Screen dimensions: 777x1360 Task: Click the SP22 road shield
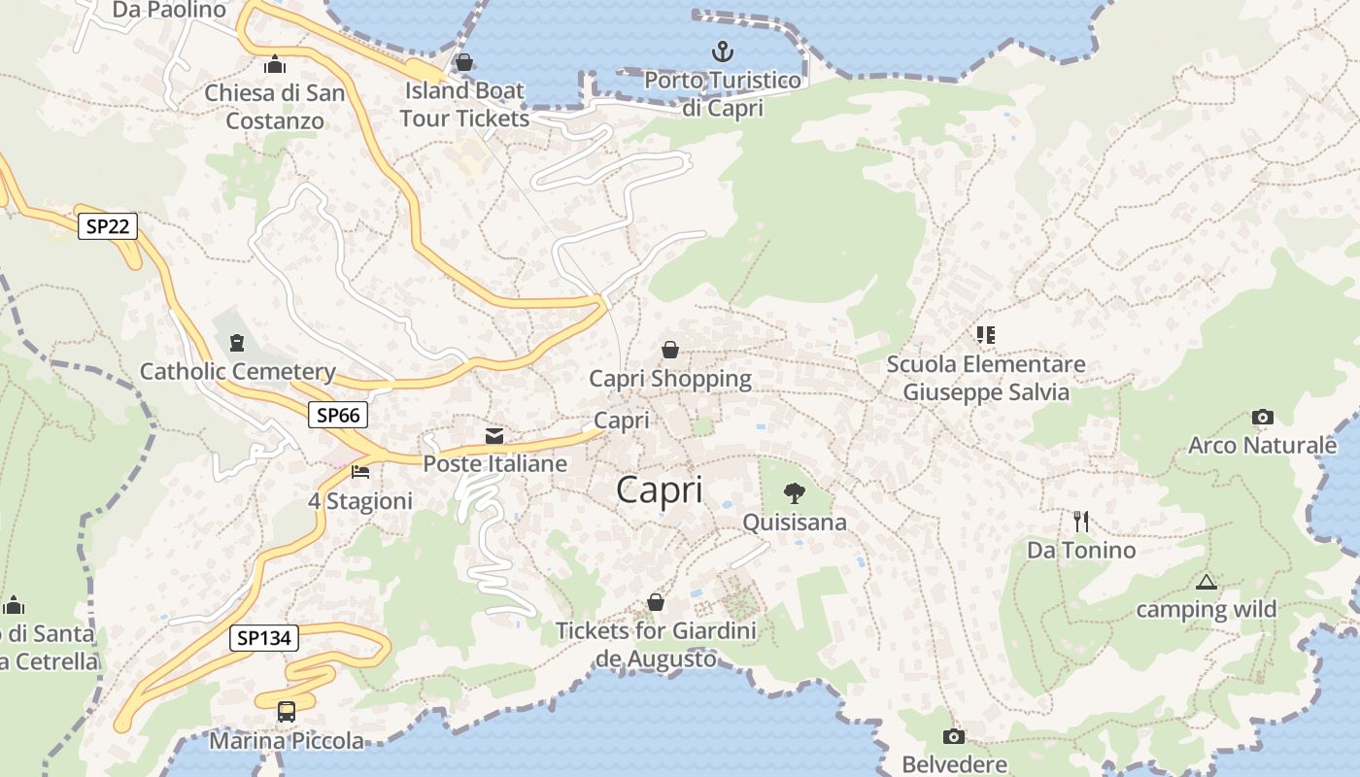pos(108,226)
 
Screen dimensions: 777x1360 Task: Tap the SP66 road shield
pos(338,415)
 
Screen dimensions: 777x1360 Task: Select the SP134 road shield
pos(264,638)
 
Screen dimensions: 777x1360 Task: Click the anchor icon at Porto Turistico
pos(723,51)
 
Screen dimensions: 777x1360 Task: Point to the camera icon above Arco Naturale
pos(1262,418)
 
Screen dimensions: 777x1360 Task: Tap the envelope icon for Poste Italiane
pos(494,435)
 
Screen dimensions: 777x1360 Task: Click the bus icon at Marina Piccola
pos(287,711)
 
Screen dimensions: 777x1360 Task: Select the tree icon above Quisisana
pos(795,493)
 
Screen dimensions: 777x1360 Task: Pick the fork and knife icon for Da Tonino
pos(1081,522)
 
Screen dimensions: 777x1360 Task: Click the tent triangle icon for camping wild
pos(1207,582)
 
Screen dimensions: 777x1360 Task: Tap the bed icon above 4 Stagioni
pos(360,472)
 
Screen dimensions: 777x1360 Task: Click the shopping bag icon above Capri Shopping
pos(670,350)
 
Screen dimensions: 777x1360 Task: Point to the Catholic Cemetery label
pos(238,371)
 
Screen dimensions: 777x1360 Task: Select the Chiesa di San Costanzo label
pos(275,107)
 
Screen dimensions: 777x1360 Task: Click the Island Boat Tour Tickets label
pos(464,104)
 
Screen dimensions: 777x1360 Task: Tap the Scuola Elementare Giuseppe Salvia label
pos(986,378)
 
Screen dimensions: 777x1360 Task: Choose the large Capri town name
pos(660,490)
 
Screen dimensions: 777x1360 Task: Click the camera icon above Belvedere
pos(954,736)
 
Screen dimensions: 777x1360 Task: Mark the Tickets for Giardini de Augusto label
pos(656,645)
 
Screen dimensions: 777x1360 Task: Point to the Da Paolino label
pos(169,10)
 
